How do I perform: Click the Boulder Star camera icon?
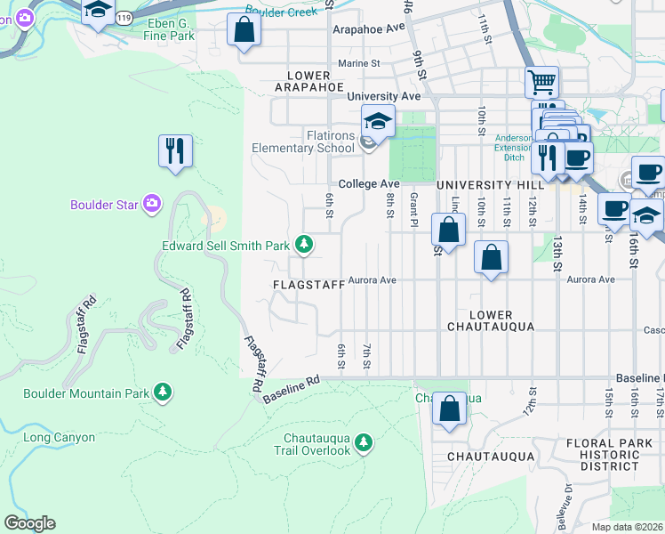click(152, 205)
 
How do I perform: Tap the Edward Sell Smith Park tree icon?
click(304, 244)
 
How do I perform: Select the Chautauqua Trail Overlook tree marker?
click(363, 441)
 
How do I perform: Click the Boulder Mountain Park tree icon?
click(162, 392)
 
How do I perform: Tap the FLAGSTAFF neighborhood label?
click(308, 285)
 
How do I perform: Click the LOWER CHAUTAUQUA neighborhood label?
click(491, 320)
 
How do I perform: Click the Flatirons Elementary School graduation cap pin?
click(378, 121)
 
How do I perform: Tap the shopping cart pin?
click(541, 83)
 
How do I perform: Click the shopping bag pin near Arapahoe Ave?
click(243, 31)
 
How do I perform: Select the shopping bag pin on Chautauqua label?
click(450, 409)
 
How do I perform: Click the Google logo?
click(29, 523)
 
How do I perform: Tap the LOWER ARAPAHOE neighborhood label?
click(308, 81)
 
